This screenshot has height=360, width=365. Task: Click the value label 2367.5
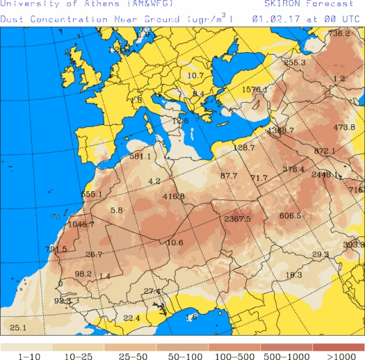pyautogui.click(x=237, y=219)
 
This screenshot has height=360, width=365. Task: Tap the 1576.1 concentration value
pyautogui.click(x=255, y=89)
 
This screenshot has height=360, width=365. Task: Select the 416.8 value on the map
pyautogui.click(x=174, y=197)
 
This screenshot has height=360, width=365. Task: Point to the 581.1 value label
pyautogui.click(x=140, y=157)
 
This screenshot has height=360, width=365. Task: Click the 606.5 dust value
pyautogui.click(x=290, y=215)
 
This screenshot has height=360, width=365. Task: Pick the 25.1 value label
pyautogui.click(x=18, y=328)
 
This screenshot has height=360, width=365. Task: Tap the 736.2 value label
pyautogui.click(x=339, y=33)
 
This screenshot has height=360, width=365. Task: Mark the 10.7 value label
pyautogui.click(x=195, y=76)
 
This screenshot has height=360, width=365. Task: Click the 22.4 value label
pyautogui.click(x=131, y=318)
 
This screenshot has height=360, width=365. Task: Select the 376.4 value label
pyautogui.click(x=293, y=169)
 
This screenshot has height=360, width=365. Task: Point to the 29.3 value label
pyautogui.click(x=320, y=255)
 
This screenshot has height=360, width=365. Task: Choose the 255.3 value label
pyautogui.click(x=295, y=63)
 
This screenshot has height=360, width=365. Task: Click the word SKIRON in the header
pyautogui.click(x=270, y=4)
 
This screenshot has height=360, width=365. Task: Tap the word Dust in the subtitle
pyautogui.click(x=11, y=19)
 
